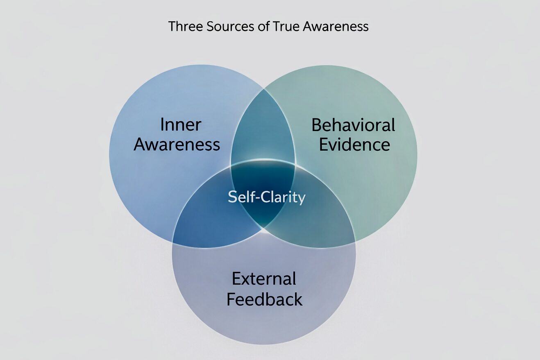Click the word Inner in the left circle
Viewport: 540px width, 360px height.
pos(181,125)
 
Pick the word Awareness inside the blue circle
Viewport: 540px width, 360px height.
pos(177,145)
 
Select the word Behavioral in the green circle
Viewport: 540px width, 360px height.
pos(353,125)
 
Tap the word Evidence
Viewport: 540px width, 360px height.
pos(354,145)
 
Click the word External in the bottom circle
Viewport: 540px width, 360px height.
pos(264,279)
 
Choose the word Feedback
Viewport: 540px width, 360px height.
pos(265,299)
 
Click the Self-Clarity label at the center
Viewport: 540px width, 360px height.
pos(267,197)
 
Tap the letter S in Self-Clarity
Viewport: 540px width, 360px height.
pos(232,197)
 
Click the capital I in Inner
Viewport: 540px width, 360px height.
pos(162,125)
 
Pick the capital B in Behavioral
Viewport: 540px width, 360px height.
pos(316,125)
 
